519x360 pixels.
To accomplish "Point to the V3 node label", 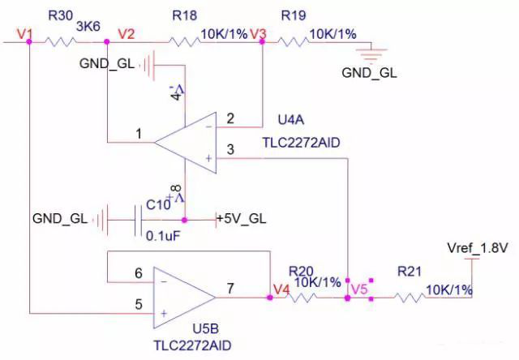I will point(259,34).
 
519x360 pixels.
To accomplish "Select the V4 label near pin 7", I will point(281,288).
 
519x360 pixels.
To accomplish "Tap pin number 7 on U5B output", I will point(230,287).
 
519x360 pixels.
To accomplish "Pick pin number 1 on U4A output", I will point(139,133).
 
